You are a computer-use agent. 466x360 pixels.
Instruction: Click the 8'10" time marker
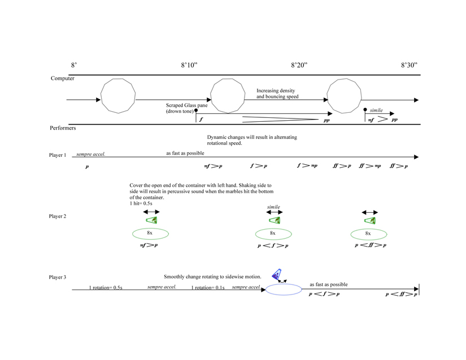[x=189, y=65]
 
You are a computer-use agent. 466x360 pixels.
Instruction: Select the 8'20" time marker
[x=299, y=65]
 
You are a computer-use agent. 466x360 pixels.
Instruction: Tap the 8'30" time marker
[x=409, y=65]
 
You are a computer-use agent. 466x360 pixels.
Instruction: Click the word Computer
[x=63, y=78]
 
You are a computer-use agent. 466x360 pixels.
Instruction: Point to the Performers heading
[x=63, y=128]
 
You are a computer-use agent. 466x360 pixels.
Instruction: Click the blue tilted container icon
[x=277, y=275]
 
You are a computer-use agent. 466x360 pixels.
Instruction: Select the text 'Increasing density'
[x=276, y=90]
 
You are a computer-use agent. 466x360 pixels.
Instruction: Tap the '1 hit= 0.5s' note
[x=141, y=204]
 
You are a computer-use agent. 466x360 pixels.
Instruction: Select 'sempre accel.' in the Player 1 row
[x=91, y=153]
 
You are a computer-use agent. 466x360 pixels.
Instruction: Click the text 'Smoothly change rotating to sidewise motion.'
[x=212, y=276]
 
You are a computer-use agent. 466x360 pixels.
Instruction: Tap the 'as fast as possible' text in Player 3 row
[x=329, y=284]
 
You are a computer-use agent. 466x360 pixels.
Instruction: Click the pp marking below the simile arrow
[x=394, y=120]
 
